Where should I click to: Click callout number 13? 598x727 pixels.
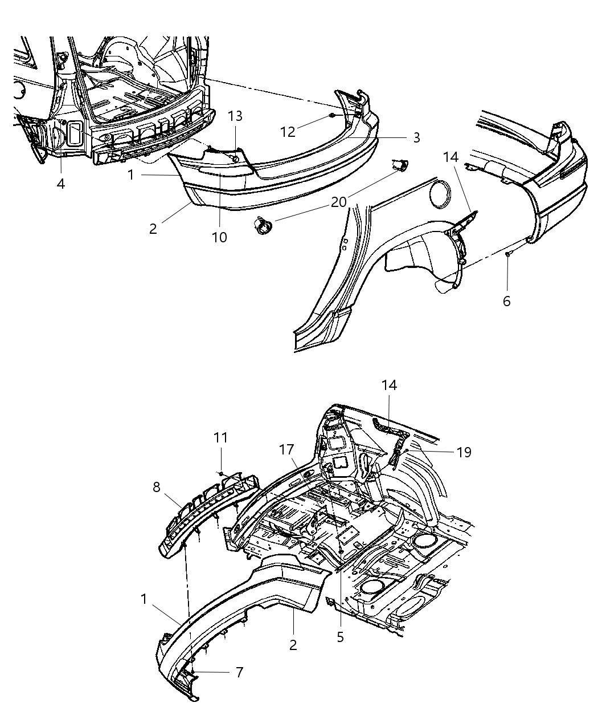[235, 116]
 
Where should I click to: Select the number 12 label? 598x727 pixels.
[288, 132]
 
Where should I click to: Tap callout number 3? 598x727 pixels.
[416, 137]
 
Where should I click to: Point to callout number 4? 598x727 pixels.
[60, 184]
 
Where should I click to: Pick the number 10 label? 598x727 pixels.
[219, 237]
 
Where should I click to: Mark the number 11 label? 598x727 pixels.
[220, 437]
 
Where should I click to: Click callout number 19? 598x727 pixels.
[464, 452]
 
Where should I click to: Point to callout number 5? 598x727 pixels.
[340, 637]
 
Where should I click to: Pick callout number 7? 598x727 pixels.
[239, 672]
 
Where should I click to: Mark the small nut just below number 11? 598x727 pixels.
[220, 473]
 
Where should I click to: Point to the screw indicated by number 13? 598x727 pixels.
[235, 159]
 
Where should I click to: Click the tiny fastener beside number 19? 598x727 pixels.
[409, 451]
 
